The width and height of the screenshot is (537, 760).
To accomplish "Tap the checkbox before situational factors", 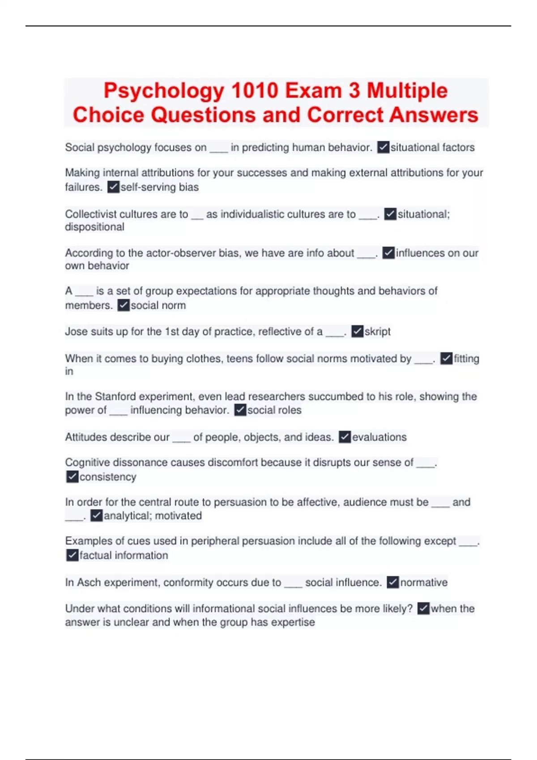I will tap(383, 148).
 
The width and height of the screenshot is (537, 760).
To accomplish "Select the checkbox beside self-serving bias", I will tap(114, 187).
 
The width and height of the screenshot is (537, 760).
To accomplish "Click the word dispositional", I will tap(94, 227).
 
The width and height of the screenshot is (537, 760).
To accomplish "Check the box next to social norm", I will tap(123, 305).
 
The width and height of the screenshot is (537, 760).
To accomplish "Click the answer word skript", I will tap(377, 332).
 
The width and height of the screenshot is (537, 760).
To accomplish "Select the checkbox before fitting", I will tap(446, 359).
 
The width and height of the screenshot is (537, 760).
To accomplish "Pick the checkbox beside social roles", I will tap(240, 410).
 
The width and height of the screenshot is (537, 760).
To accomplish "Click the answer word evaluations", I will tap(379, 437).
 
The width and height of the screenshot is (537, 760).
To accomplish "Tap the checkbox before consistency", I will tap(72, 477).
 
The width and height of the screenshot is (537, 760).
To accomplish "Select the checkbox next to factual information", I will tap(72, 555).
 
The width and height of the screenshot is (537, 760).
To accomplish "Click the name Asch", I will tap(86, 583).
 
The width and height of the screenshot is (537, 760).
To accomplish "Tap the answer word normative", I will tap(423, 583).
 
